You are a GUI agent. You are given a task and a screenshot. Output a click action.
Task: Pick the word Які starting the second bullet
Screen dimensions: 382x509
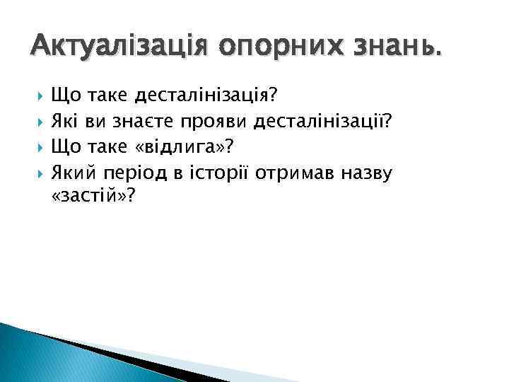(x=66, y=122)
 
